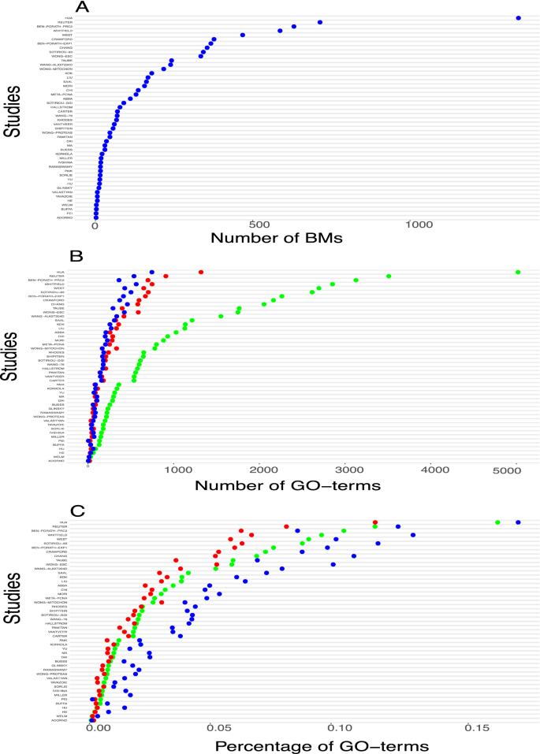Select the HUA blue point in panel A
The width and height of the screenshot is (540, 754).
(x=518, y=17)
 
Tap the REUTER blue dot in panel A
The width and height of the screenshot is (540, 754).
(x=320, y=22)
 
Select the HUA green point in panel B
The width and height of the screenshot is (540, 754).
(x=518, y=272)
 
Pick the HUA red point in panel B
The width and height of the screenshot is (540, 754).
(x=201, y=272)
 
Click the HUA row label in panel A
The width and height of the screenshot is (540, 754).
(x=69, y=17)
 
